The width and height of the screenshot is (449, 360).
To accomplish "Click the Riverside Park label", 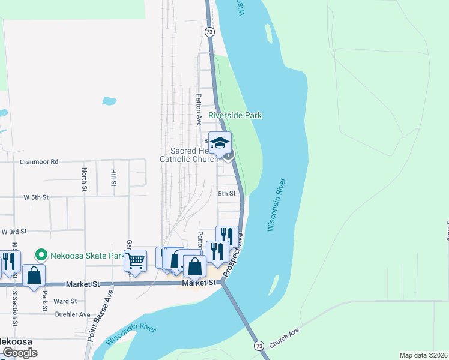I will (x=236, y=115).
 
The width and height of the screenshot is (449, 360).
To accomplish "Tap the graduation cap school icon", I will (x=220, y=143).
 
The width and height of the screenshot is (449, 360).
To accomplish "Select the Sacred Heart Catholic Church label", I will (x=189, y=155).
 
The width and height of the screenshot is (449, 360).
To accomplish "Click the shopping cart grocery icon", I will (x=136, y=261).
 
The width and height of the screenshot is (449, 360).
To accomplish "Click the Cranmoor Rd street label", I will (x=38, y=161).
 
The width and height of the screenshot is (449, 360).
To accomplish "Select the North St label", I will (x=85, y=178).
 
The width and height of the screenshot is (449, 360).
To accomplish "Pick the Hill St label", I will (x=113, y=178).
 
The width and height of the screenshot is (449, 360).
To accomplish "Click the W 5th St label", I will (x=35, y=197).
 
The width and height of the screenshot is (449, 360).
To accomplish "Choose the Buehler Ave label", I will (x=72, y=314).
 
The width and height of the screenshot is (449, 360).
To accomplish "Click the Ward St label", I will (x=65, y=301).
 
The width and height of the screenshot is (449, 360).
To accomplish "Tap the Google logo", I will (x=19, y=353).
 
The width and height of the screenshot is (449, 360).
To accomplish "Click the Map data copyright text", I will (x=423, y=355).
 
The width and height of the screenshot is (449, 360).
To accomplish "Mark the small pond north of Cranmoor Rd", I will (x=109, y=101).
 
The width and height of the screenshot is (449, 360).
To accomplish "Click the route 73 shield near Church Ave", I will (x=258, y=346).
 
